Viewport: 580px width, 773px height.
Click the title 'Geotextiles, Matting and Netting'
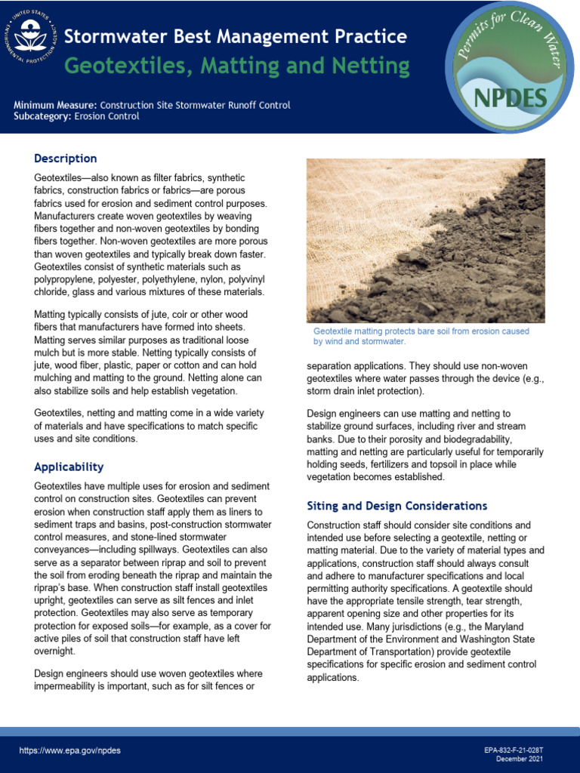(x=236, y=66)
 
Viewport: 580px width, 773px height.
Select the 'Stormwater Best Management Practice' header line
(x=236, y=36)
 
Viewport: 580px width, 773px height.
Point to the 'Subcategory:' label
(x=43, y=116)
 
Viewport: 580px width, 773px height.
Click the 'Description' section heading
(x=66, y=159)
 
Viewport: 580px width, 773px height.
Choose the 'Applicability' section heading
(x=69, y=467)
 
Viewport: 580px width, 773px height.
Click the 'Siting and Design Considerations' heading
(x=397, y=506)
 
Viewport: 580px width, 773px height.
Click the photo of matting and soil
(x=425, y=241)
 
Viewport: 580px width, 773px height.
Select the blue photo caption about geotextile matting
(x=421, y=337)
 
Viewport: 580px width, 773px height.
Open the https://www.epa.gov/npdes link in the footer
(x=70, y=751)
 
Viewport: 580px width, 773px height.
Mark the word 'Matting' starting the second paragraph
(x=52, y=314)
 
